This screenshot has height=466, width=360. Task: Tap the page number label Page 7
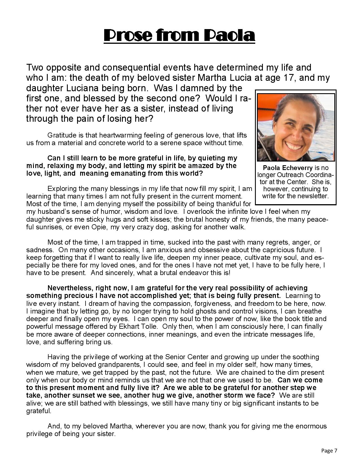(x=329, y=450)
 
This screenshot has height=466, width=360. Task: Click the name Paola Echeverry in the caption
(x=287, y=168)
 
